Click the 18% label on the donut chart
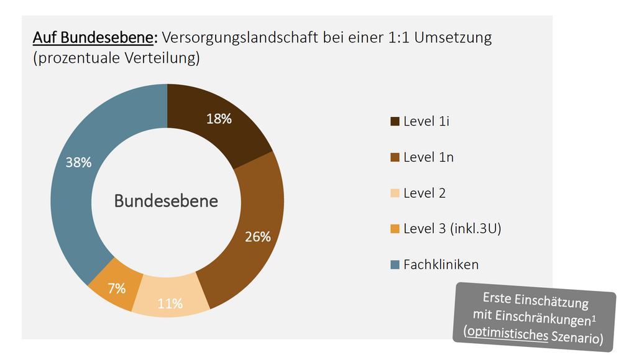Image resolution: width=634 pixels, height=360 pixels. [x=219, y=119]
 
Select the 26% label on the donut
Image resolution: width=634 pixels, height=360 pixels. [x=257, y=237]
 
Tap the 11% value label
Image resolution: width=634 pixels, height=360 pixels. [x=170, y=303]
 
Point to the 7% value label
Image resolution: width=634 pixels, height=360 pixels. [x=116, y=288]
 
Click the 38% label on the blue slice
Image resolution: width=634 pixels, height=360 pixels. [x=79, y=162]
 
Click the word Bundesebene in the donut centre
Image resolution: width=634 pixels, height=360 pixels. [x=166, y=201]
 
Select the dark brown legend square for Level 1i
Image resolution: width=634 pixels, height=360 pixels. [x=395, y=122]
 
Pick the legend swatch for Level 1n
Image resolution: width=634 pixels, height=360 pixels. [x=395, y=158]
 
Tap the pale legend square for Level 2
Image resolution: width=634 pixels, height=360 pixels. [x=395, y=193]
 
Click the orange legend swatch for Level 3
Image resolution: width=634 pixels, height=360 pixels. [x=395, y=229]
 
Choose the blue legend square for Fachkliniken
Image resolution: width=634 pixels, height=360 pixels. [x=395, y=265]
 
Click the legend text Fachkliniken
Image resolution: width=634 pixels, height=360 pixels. [x=441, y=264]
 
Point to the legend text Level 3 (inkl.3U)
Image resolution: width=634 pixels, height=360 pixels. [x=452, y=229]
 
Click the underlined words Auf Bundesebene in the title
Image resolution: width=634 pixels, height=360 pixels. [x=93, y=38]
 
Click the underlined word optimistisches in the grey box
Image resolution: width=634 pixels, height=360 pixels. [x=507, y=333]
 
